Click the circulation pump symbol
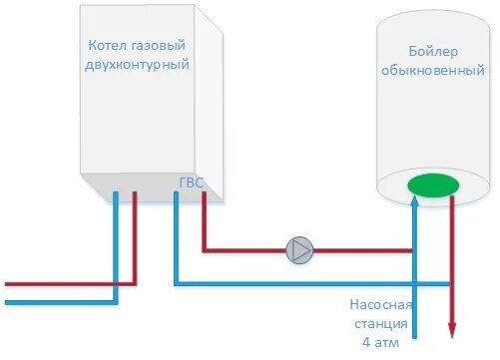[299, 250]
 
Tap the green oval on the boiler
[433, 184]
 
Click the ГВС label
[191, 181]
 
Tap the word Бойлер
[432, 52]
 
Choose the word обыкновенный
[433, 71]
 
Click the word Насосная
[380, 305]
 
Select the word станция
[380, 323]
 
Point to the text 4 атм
[380, 342]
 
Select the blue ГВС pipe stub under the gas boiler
[176, 229]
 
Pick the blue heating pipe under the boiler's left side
[116, 239]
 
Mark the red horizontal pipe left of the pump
[245, 250]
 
